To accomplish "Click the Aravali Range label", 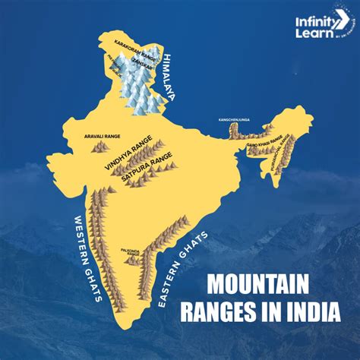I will (x=95, y=137).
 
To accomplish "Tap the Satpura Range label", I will (x=141, y=168).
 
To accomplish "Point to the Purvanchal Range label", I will (x=286, y=154).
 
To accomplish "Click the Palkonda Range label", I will (x=130, y=250).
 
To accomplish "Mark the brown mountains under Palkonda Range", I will (x=132, y=261).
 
